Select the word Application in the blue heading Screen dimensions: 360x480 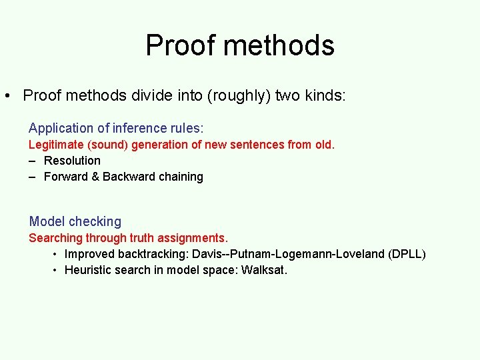[61, 128]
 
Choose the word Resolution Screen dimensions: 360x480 [72, 161]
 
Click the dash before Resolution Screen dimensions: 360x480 [32, 161]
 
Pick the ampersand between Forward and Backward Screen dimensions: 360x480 [95, 177]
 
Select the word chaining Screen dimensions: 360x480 [181, 177]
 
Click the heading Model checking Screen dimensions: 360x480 [75, 221]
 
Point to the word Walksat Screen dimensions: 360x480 [264, 270]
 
